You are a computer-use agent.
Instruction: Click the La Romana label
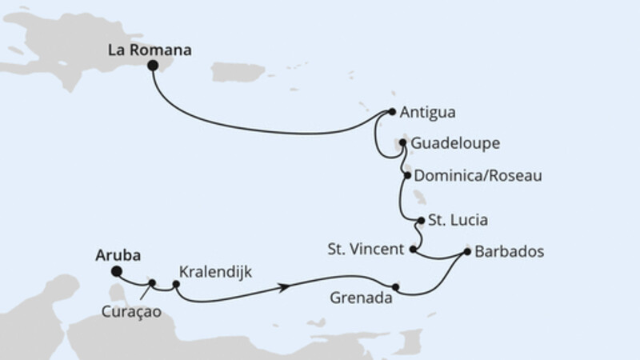[x=150, y=50]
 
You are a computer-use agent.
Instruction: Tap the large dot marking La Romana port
[x=152, y=67]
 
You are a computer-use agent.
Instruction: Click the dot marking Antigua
[x=392, y=113]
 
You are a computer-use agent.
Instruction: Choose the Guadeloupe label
[x=457, y=144]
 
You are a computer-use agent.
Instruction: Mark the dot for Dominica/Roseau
[x=408, y=175]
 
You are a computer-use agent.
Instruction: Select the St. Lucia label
[x=458, y=220]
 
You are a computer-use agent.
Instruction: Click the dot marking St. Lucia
[x=421, y=220]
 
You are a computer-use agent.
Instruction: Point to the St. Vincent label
[x=366, y=250]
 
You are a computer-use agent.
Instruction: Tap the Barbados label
[x=509, y=251]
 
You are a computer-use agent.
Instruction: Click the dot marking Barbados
[x=467, y=252]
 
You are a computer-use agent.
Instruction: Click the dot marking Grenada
[x=396, y=286]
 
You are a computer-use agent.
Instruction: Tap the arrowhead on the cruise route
[x=282, y=286]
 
